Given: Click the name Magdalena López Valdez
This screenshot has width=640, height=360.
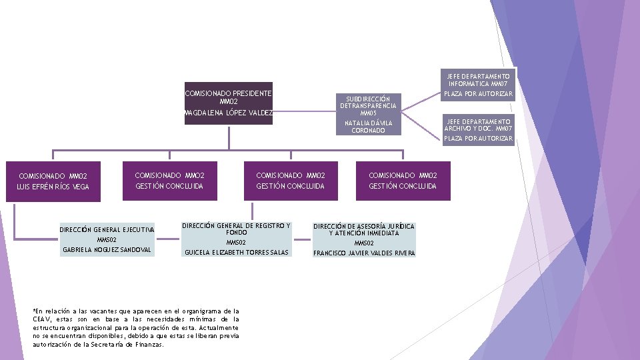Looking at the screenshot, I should [x=229, y=113].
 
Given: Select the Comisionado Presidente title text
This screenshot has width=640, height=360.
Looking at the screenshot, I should [x=229, y=93].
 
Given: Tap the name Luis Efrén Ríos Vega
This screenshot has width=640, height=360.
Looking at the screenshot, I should [x=53, y=187].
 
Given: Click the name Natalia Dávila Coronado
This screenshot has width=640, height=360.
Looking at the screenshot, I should [x=368, y=127].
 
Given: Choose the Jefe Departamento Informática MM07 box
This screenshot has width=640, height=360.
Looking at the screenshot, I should [x=479, y=80].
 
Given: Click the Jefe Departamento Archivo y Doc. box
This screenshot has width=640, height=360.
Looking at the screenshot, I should [x=479, y=124].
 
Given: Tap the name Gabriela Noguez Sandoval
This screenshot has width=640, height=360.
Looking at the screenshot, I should [x=107, y=250].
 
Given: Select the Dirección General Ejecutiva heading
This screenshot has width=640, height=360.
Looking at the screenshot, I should [x=107, y=230].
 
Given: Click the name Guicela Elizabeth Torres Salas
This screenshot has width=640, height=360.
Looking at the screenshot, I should [x=237, y=253].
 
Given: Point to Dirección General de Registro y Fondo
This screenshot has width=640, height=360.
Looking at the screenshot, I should [x=237, y=229].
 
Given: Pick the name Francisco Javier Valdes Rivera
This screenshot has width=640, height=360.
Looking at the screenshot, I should [x=364, y=253].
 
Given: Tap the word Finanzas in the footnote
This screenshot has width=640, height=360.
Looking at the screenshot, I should [x=148, y=345].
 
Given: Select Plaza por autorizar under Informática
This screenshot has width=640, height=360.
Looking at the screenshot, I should [x=479, y=95].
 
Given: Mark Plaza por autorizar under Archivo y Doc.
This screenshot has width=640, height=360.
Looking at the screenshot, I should [x=479, y=139].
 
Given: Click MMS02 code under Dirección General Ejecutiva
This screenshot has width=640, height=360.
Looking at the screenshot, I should [x=107, y=239].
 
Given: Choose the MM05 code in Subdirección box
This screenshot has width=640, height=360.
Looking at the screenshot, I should [x=368, y=113].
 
